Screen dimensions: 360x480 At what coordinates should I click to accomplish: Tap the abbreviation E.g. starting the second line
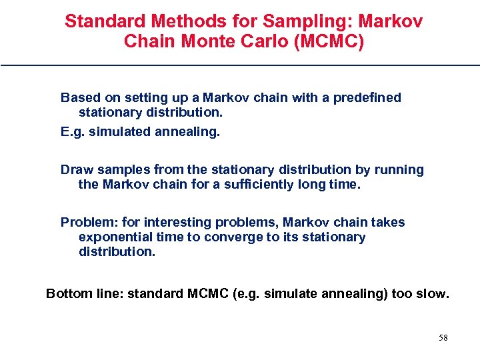point(73,132)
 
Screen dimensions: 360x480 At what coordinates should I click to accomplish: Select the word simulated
point(119,132)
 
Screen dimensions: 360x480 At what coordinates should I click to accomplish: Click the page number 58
point(443,338)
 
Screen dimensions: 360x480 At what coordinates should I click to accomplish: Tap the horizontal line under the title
point(240,65)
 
